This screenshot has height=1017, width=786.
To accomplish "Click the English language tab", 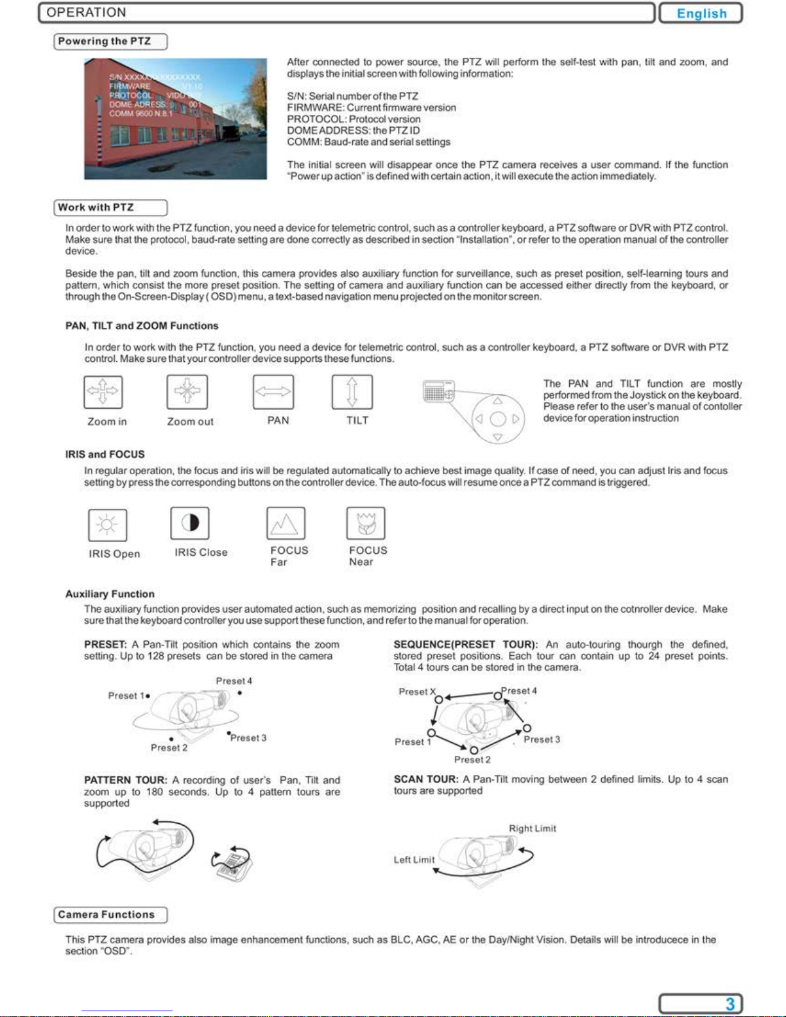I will point(701,13).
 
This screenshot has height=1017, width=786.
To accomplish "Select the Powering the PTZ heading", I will point(105,42).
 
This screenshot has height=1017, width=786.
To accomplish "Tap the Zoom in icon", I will point(103,391).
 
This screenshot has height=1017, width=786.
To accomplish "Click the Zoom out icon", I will point(187,391).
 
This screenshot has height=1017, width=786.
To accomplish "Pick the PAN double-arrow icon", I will point(273,391).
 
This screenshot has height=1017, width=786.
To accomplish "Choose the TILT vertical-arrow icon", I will point(352,391).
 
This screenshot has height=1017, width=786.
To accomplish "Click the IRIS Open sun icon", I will point(107,525).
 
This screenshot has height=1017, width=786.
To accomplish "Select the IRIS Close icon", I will point(190,523).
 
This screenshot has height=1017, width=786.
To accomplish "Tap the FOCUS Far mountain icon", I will point(286,524).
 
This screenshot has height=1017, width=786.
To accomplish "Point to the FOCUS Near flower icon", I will point(366,523).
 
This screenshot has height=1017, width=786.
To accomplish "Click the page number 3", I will point(730,1004).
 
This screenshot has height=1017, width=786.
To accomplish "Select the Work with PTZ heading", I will point(96,208).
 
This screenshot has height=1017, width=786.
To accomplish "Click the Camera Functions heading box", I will point(107,915).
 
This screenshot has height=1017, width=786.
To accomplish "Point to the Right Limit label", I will point(532,828).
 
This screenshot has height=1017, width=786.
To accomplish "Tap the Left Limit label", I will point(414,860).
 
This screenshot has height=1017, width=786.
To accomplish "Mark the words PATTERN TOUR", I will point(126,780).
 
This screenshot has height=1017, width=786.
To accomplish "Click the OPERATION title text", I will point(87,13).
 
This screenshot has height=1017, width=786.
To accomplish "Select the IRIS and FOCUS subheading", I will point(105,454).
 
